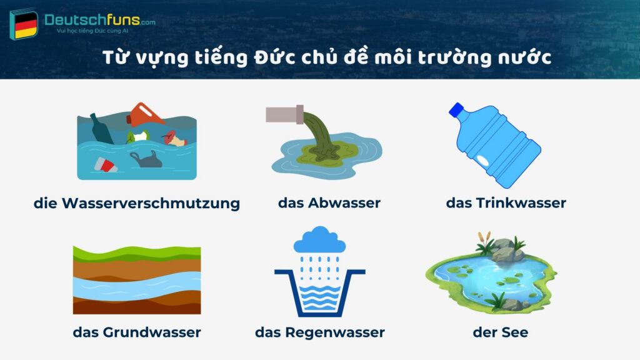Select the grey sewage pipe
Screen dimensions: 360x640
284,114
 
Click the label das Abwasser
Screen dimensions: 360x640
329,203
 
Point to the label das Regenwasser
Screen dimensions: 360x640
319,332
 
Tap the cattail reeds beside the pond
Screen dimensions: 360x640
482,241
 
